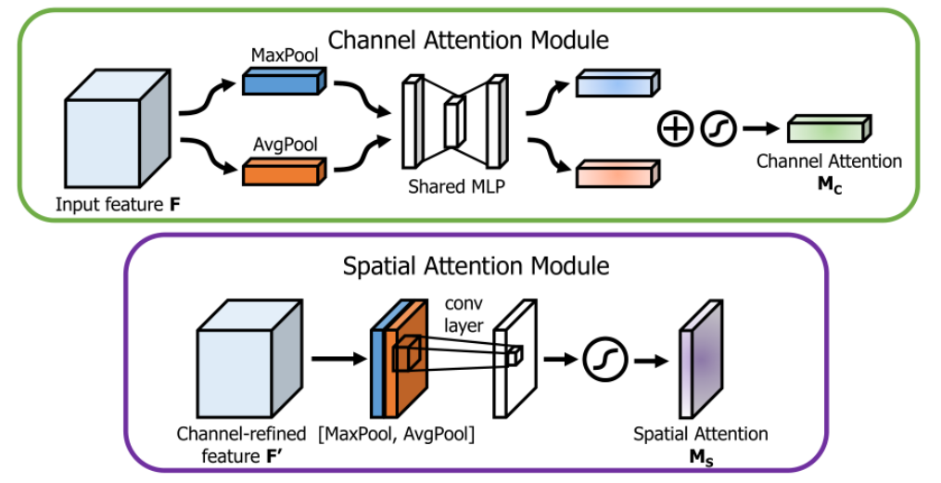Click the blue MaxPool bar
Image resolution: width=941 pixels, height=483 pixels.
[280, 82]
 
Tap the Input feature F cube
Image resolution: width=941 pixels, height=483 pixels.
[116, 131]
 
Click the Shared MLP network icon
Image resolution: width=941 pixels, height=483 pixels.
[453, 121]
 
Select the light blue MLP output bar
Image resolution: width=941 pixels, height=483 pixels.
[617, 84]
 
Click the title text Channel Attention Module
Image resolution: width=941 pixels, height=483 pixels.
[468, 40]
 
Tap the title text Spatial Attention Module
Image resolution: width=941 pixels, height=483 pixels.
[477, 266]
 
